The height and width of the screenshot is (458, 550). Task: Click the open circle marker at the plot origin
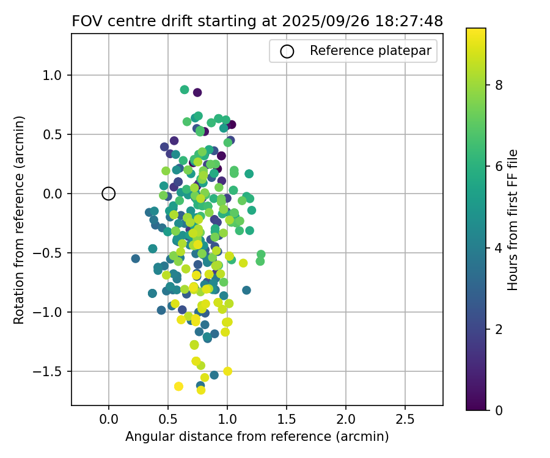coord(109,194)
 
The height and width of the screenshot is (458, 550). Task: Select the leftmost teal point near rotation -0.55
coord(136,259)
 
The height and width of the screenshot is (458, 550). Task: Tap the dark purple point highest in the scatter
coord(197,92)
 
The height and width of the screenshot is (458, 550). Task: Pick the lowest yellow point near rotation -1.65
coord(200,390)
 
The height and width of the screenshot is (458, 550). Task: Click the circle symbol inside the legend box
coord(287,51)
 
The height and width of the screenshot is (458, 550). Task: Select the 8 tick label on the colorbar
coord(499,85)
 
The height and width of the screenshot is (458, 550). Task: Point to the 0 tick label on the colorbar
coord(499,410)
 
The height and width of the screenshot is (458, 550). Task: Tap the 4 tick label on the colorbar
coord(499,248)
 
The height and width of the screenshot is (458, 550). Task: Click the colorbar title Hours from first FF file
coord(513,220)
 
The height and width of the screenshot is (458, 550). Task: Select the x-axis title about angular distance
coord(257,437)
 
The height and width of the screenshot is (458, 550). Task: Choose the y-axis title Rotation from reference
coord(20,220)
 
